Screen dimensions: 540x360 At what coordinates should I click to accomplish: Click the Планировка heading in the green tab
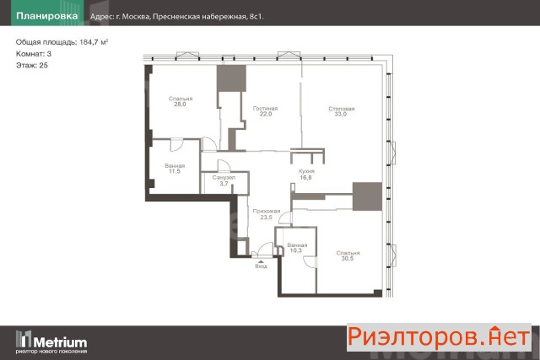(x=47, y=16)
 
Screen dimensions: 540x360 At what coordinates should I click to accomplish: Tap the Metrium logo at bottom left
(x=51, y=342)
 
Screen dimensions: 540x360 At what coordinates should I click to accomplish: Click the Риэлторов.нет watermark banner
(x=439, y=337)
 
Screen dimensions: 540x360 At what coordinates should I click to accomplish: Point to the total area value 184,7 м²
(x=94, y=42)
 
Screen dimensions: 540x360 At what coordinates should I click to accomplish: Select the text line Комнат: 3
(x=34, y=54)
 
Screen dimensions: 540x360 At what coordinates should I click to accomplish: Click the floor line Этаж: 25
(x=32, y=66)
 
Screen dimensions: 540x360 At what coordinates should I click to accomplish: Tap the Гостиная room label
(x=265, y=109)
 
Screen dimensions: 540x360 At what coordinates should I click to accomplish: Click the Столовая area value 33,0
(x=341, y=115)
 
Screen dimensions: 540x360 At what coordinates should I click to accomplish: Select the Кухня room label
(x=306, y=171)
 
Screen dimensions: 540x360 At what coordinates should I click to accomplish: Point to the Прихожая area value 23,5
(x=267, y=218)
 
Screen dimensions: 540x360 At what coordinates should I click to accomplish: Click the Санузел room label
(x=224, y=178)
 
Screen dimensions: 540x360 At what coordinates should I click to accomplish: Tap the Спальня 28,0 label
(x=181, y=101)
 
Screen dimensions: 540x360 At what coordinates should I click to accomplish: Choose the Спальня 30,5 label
(x=348, y=255)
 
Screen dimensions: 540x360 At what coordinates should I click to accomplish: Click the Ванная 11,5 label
(x=175, y=169)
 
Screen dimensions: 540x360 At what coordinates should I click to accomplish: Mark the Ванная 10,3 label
(x=297, y=248)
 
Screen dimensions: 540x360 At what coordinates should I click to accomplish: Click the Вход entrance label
(x=261, y=266)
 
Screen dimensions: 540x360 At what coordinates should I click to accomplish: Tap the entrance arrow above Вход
(x=261, y=262)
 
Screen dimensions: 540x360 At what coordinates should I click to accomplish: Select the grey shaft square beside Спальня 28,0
(x=231, y=78)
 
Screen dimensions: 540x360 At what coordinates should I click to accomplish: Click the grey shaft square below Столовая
(x=367, y=196)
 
